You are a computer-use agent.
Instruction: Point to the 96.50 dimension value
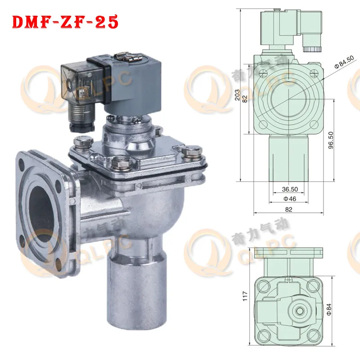(331, 140)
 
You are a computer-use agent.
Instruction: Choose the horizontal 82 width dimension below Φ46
(288, 209)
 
